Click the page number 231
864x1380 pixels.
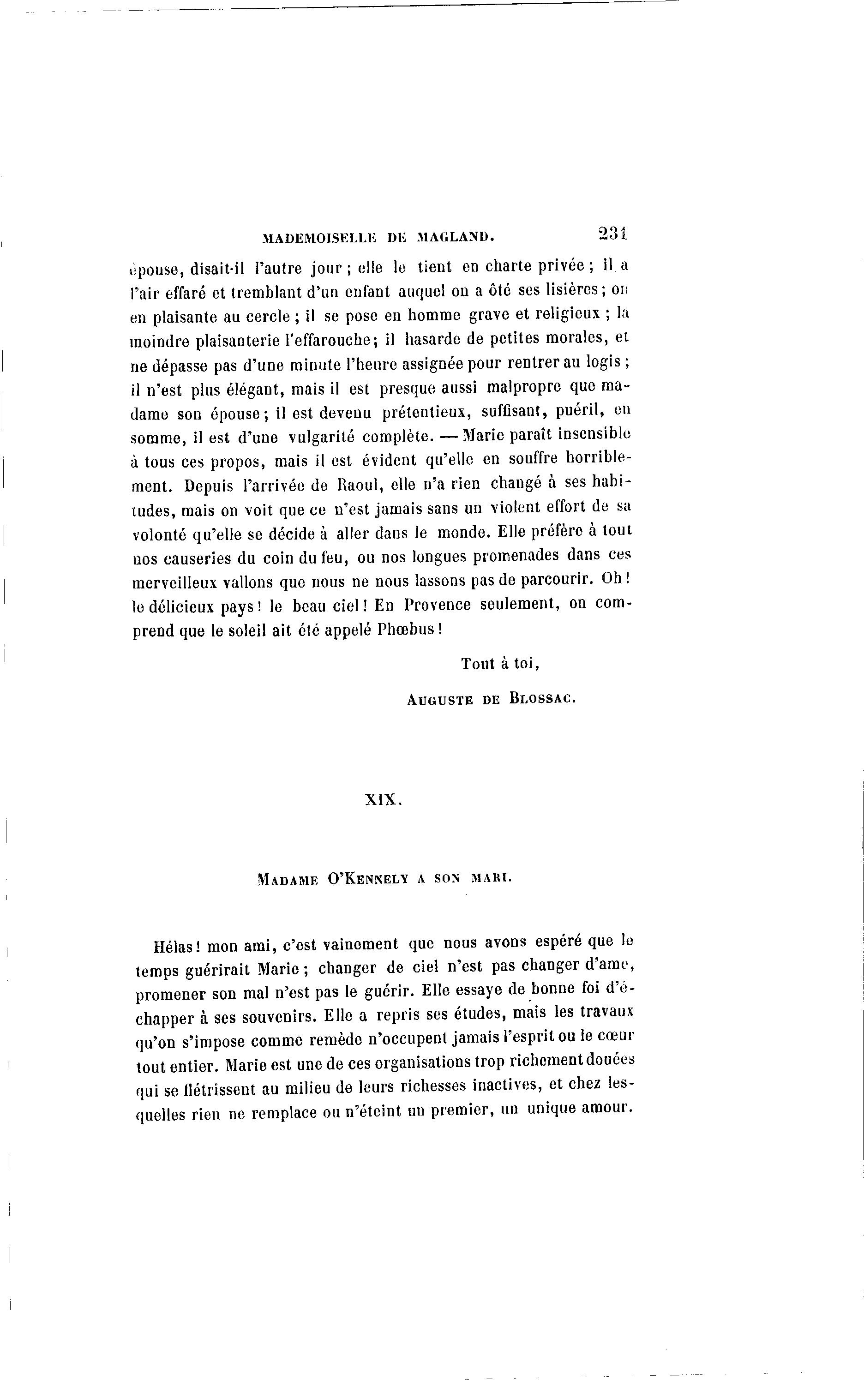612,233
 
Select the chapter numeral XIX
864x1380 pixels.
384,800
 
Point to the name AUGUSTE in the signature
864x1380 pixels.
440,700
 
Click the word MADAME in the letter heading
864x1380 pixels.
288,880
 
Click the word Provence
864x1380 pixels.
437,605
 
